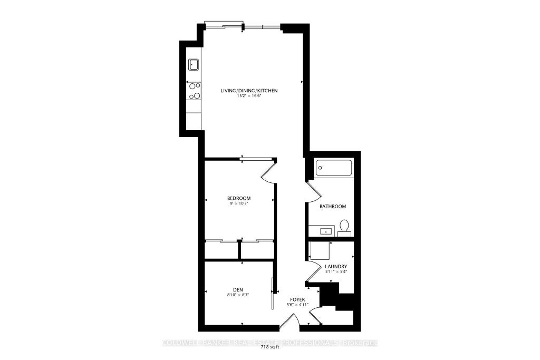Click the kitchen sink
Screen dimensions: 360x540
194,65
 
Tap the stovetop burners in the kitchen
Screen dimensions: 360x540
194,91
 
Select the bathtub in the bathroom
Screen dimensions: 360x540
334,169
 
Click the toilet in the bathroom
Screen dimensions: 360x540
344,227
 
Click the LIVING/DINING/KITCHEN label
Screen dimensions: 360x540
249,91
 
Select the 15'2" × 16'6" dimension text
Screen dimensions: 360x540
249,96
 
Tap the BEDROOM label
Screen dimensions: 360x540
239,198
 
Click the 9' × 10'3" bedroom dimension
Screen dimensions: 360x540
239,203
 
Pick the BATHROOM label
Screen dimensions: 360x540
333,206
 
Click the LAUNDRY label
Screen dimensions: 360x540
336,267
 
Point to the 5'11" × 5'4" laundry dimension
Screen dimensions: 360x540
336,272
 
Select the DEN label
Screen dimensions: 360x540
238,289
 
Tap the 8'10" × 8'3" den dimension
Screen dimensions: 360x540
238,295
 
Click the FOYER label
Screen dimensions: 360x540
297,299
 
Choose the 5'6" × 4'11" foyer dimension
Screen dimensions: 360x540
297,304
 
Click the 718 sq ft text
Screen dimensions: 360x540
270,347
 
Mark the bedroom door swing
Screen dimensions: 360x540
268,172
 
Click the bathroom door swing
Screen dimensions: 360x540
313,191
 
